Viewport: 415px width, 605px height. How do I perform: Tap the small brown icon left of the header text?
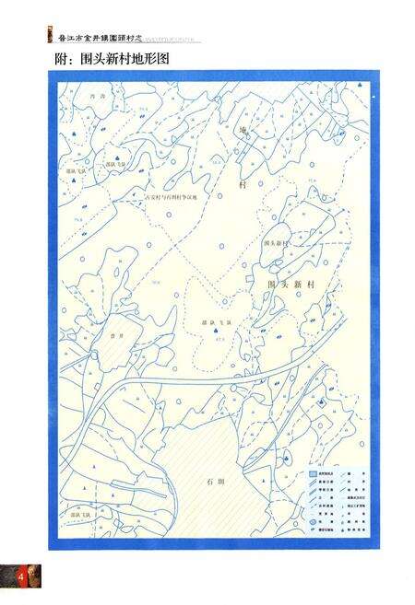[x=50, y=38]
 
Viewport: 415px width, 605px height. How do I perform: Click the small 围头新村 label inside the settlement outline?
[x=277, y=244]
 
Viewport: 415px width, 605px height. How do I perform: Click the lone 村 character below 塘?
[x=243, y=184]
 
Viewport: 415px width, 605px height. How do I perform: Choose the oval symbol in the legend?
[x=314, y=522]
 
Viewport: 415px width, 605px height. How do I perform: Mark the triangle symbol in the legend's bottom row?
[x=314, y=531]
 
